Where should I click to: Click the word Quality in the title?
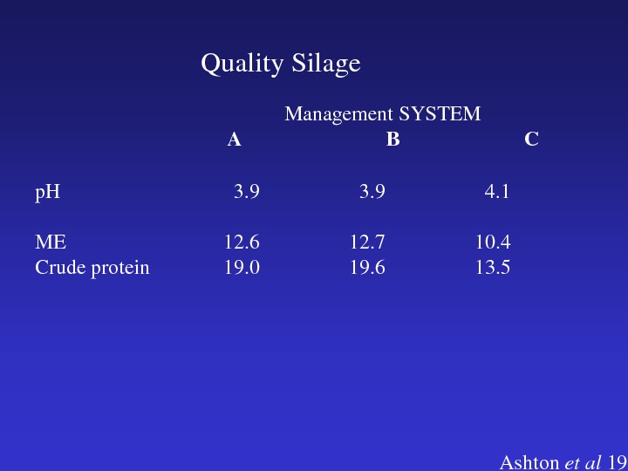point(242,64)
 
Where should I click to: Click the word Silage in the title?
point(326,64)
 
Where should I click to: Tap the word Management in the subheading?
point(338,114)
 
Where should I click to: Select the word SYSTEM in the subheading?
point(440,113)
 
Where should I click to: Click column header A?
point(235,140)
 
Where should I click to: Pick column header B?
point(392,140)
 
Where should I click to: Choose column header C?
point(531,140)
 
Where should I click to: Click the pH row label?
point(48,192)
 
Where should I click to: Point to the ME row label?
point(51,242)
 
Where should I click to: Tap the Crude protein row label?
point(92,268)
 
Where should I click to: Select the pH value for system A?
point(247,192)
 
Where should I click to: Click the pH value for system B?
point(372,192)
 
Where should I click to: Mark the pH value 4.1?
point(497,192)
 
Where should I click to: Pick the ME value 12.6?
point(242,242)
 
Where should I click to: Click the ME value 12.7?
point(367,242)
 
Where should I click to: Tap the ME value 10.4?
point(493,242)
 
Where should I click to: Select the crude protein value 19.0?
point(242,268)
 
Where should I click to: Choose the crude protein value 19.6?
point(367,268)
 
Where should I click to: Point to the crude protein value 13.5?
point(493,268)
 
